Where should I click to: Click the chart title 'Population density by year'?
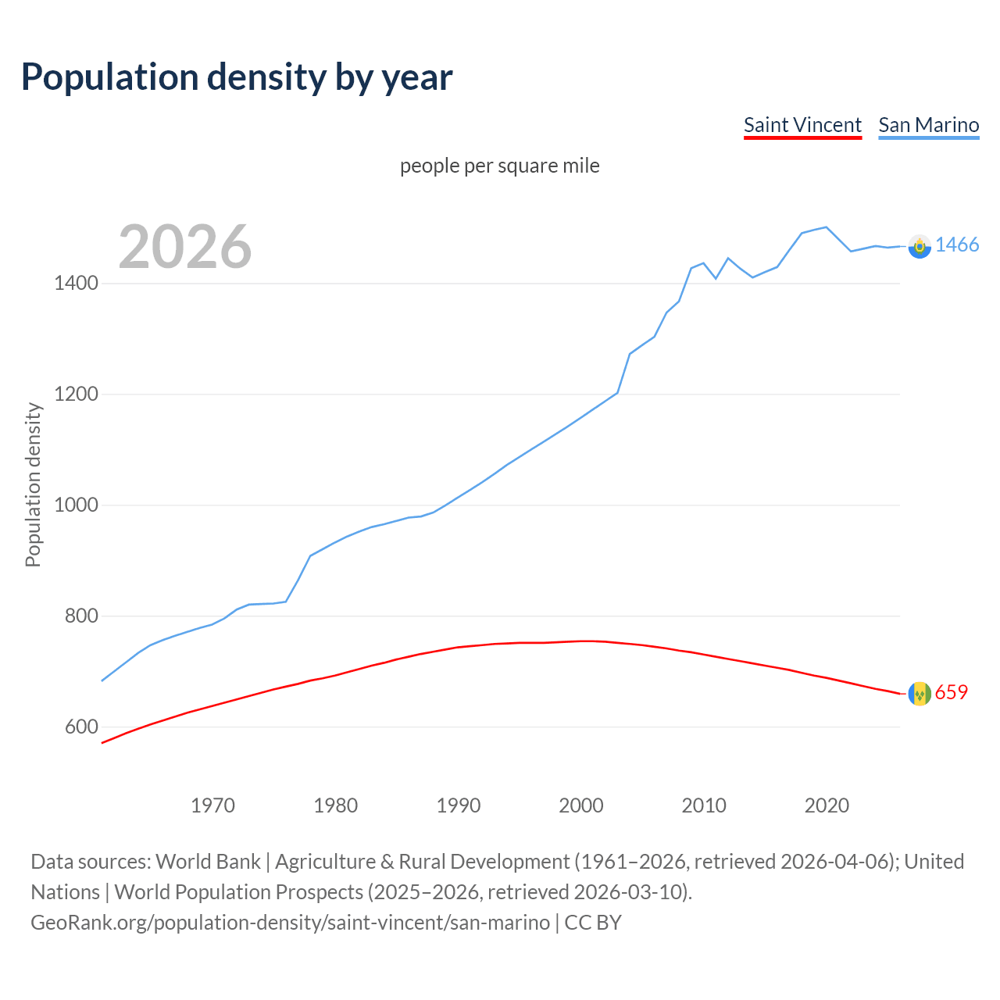pyautogui.click(x=237, y=77)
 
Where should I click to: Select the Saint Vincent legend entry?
pyautogui.click(x=802, y=125)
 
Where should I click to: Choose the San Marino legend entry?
pyautogui.click(x=928, y=125)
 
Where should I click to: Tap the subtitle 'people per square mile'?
pyautogui.click(x=499, y=166)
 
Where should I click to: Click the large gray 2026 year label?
pyautogui.click(x=185, y=247)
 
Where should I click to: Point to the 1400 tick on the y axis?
pyautogui.click(x=76, y=284)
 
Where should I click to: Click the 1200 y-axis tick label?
pyautogui.click(x=76, y=395)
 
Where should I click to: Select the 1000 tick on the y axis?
pyautogui.click(x=76, y=505)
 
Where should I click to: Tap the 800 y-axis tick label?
pyautogui.click(x=81, y=616)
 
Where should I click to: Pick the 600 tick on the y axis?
pyautogui.click(x=81, y=727)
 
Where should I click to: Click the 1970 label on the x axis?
pyautogui.click(x=212, y=805)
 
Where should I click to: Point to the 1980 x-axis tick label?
pyautogui.click(x=335, y=805)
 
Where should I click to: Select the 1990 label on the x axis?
pyautogui.click(x=459, y=805)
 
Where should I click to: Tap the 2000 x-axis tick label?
pyautogui.click(x=581, y=805)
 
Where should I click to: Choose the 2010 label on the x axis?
pyautogui.click(x=704, y=805)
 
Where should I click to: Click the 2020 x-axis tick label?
pyautogui.click(x=827, y=805)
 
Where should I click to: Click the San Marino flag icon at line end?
pyautogui.click(x=920, y=246)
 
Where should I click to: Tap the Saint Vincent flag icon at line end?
pyautogui.click(x=920, y=693)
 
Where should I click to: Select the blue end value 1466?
pyautogui.click(x=957, y=245)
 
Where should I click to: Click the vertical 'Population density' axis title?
pyautogui.click(x=33, y=484)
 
